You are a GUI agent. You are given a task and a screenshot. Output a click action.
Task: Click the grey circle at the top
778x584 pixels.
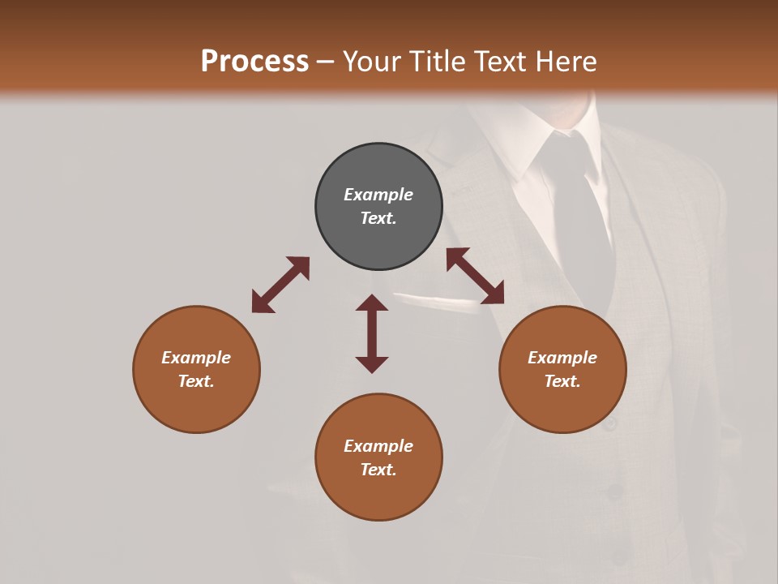pyautogui.click(x=378, y=206)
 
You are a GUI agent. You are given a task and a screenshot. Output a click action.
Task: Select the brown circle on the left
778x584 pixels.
pyautogui.click(x=196, y=369)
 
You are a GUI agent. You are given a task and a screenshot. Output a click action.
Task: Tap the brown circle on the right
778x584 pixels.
pyautogui.click(x=562, y=369)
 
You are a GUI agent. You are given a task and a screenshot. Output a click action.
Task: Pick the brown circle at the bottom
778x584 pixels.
pyautogui.click(x=378, y=457)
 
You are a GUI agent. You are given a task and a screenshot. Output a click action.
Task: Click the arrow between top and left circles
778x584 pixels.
pyautogui.click(x=280, y=284)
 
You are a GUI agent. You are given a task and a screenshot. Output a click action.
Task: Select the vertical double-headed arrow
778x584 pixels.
pyautogui.click(x=372, y=333)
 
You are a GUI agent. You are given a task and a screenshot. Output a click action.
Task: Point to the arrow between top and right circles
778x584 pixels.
pyautogui.click(x=475, y=276)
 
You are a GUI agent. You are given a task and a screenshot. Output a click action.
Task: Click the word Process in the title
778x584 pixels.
pyautogui.click(x=254, y=62)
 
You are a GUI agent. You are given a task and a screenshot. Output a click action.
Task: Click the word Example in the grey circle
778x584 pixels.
pyautogui.click(x=378, y=195)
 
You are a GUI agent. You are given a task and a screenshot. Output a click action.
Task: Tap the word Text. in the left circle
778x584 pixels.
pyautogui.click(x=196, y=381)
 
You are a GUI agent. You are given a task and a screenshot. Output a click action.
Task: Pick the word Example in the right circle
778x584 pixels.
pyautogui.click(x=562, y=358)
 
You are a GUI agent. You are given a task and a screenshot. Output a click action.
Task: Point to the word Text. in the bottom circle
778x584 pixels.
pyautogui.click(x=378, y=470)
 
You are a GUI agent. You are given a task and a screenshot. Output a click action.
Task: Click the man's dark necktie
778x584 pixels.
pyautogui.click(x=581, y=211)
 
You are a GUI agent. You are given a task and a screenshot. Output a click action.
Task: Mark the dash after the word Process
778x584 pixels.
pyautogui.click(x=326, y=62)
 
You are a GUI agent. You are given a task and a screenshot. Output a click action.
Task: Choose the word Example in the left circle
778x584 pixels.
pyautogui.click(x=196, y=358)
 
